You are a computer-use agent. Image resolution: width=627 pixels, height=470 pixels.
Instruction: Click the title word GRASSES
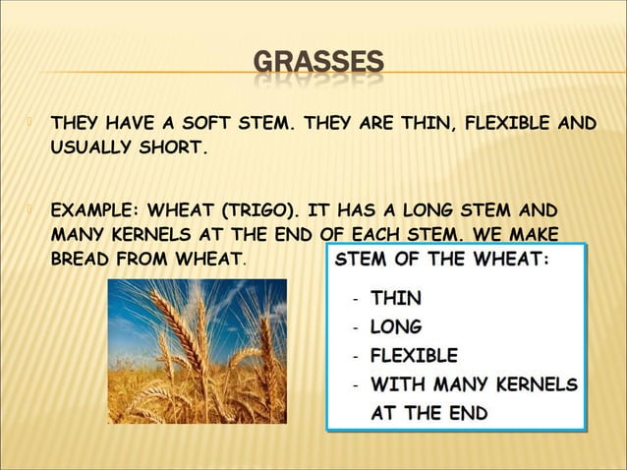coord(317,66)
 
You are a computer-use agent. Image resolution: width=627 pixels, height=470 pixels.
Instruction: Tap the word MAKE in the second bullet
coord(534,236)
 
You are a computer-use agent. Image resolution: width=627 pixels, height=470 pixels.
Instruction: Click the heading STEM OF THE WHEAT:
coord(443,261)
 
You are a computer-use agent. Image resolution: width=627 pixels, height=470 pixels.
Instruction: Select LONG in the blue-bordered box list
coord(397,325)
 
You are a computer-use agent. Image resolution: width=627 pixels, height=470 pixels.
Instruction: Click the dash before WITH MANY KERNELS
coord(354,384)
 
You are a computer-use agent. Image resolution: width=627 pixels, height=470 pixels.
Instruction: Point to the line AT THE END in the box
coord(427,413)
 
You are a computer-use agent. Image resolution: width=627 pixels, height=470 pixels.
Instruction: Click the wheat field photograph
coord(197,351)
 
